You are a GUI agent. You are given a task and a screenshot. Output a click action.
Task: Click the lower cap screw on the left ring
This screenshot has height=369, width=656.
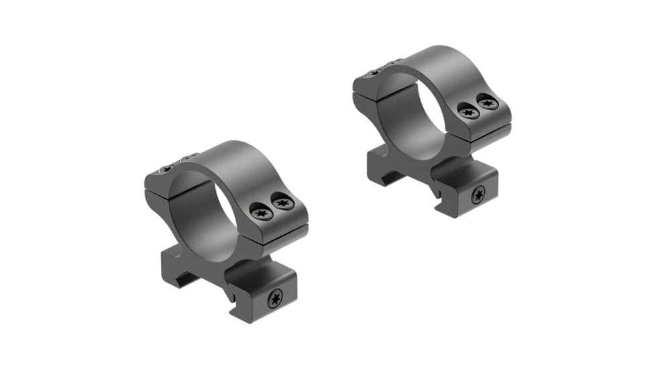(260, 213)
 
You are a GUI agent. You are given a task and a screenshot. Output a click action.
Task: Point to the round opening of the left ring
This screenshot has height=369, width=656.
(201, 207)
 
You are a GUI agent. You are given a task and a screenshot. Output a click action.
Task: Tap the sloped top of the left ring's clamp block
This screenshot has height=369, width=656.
(258, 265)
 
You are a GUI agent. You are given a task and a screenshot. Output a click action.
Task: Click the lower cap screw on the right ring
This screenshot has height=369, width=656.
(469, 112)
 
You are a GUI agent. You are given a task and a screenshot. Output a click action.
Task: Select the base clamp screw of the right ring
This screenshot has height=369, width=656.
(478, 196)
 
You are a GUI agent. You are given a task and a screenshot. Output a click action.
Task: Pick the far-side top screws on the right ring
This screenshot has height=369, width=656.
(381, 65)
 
